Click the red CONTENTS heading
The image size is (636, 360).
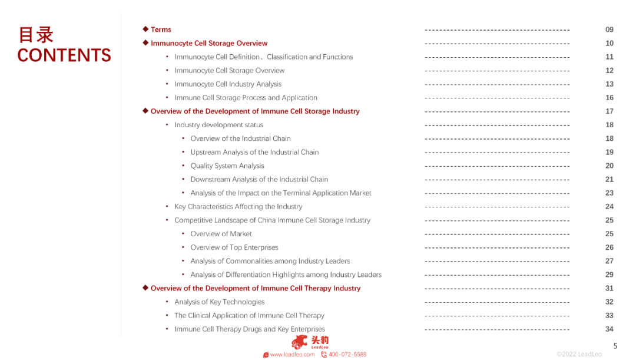click(64, 55)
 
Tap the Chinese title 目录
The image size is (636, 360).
click(36, 34)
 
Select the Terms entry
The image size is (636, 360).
click(161, 29)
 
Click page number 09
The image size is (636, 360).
click(609, 29)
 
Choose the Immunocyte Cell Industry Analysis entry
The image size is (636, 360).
click(228, 84)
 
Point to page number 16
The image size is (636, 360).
click(609, 98)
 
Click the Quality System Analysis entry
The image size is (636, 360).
click(227, 166)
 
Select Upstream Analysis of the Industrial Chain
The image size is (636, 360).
click(254, 152)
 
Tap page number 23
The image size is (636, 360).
click(609, 193)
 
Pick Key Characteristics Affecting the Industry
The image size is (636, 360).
click(238, 207)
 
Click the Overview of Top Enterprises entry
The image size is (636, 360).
click(234, 247)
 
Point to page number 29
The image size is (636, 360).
click(609, 275)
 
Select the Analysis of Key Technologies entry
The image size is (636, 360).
click(219, 302)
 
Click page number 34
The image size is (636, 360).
click(609, 329)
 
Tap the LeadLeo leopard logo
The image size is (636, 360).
click(300, 342)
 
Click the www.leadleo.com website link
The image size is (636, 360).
click(292, 355)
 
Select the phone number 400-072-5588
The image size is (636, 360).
click(347, 355)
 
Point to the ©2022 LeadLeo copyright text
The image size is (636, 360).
click(579, 354)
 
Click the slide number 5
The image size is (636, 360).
click(615, 346)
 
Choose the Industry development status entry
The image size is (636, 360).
click(218, 125)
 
